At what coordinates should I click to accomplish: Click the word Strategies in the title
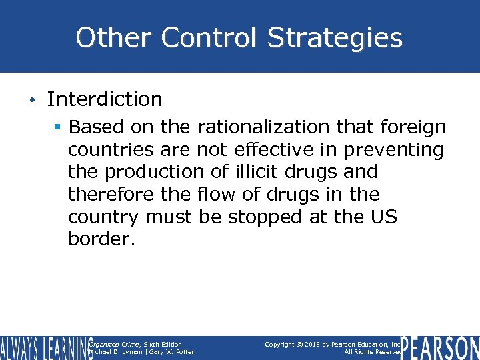[335, 38]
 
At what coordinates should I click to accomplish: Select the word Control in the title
[203, 38]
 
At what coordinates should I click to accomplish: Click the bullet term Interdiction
[105, 99]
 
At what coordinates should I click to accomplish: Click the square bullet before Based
[59, 127]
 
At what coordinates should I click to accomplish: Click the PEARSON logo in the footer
[441, 347]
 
